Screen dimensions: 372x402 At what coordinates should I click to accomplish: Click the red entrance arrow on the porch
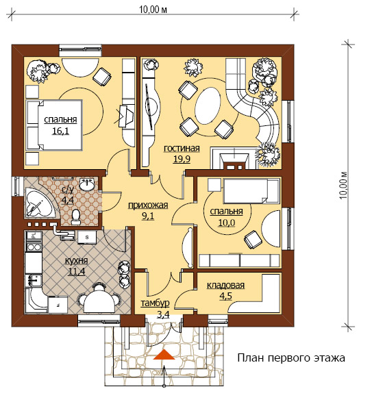pyautogui.click(x=164, y=355)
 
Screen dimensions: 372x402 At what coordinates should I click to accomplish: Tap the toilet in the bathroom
pyautogui.click(x=75, y=217)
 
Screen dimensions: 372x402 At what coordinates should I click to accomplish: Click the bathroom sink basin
pyautogui.click(x=86, y=185)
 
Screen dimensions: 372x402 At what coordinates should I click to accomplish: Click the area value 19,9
pyautogui.click(x=182, y=159)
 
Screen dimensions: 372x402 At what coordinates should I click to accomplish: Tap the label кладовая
pyautogui.click(x=226, y=286)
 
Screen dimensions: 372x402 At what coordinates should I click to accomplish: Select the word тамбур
pyautogui.click(x=155, y=303)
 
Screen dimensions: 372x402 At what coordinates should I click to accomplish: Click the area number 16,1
pyautogui.click(x=60, y=131)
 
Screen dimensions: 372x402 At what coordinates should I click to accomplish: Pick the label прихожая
pyautogui.click(x=148, y=205)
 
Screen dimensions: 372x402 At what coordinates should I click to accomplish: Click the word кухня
pyautogui.click(x=77, y=261)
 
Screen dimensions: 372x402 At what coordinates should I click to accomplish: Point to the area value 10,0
pyautogui.click(x=227, y=223)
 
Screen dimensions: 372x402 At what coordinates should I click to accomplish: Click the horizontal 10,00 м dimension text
pyautogui.click(x=153, y=10)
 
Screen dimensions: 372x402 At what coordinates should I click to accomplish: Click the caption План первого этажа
pyautogui.click(x=291, y=358)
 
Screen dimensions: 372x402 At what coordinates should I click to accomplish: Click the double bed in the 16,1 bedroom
pyautogui.click(x=53, y=125)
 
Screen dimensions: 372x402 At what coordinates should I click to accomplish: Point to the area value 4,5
pyautogui.click(x=226, y=296)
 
